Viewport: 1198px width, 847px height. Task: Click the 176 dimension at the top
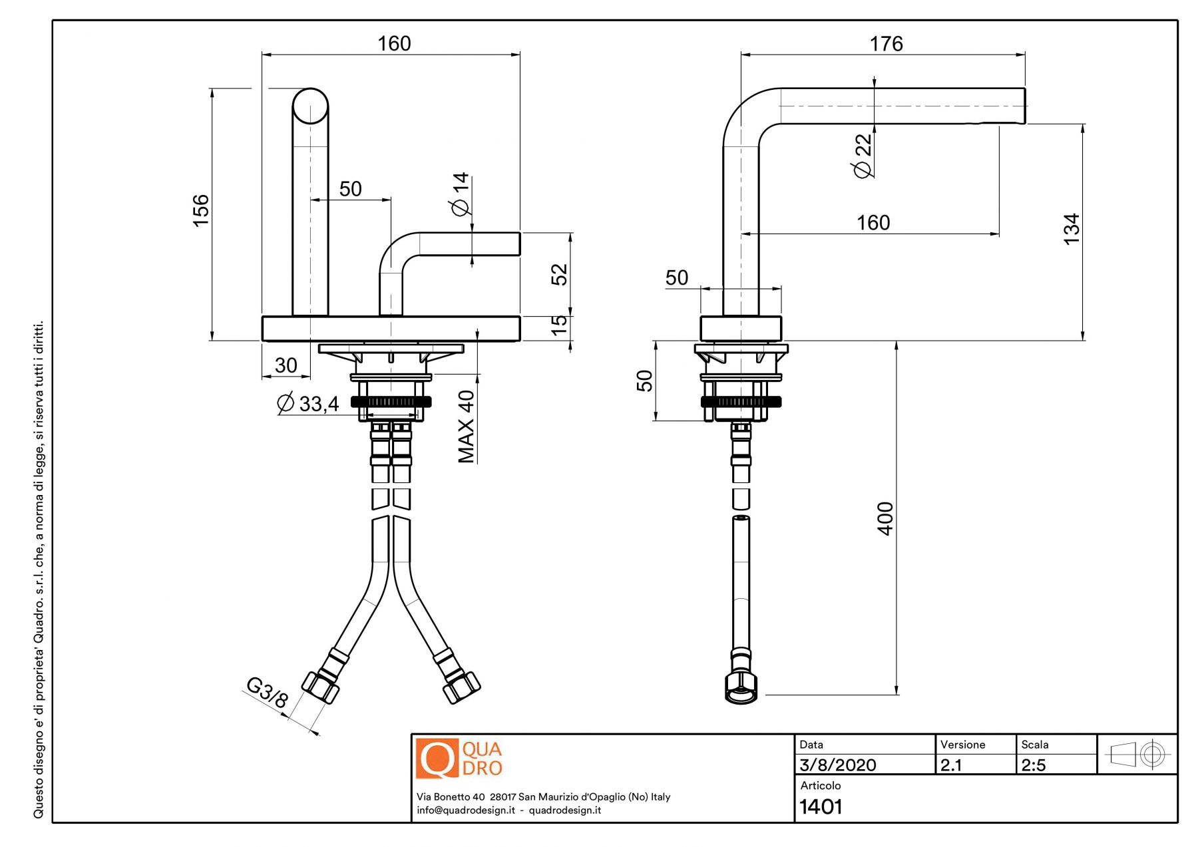point(886,44)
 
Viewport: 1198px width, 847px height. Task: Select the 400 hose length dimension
point(885,518)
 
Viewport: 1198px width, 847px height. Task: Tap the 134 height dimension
point(1071,229)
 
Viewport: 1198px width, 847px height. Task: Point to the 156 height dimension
point(200,210)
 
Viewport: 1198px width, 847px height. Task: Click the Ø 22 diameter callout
point(863,156)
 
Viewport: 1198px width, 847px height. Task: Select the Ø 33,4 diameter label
point(308,403)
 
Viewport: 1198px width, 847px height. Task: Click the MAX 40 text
point(466,426)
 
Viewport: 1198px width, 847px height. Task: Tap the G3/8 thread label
point(267,693)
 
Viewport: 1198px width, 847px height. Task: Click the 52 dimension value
point(560,274)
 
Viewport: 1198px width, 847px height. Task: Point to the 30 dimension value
point(286,365)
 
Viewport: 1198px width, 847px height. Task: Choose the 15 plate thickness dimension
point(560,324)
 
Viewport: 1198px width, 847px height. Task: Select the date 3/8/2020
point(838,765)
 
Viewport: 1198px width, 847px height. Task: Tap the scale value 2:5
point(1034,765)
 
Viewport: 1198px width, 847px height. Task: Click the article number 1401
point(821,807)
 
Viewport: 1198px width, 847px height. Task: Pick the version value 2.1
point(951,765)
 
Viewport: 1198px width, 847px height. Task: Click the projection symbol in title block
point(1137,755)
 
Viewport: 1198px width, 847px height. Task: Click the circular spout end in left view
point(310,106)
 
